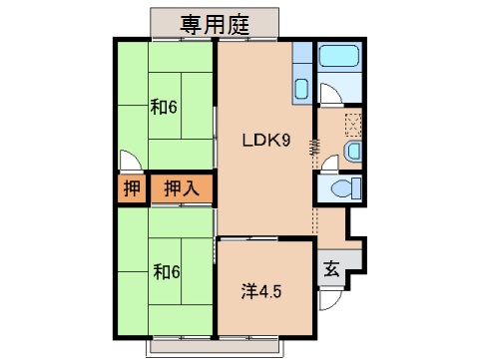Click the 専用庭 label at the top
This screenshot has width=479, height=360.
click(215, 23)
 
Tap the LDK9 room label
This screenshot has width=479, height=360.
click(266, 141)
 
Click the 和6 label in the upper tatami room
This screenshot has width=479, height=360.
click(164, 107)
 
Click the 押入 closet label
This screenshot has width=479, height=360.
click(181, 187)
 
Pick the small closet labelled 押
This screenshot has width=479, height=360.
click(132, 187)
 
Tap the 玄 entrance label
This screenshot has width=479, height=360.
click(330, 269)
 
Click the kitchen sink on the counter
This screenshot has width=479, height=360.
click(302, 87)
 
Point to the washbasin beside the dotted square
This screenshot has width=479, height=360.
click(352, 151)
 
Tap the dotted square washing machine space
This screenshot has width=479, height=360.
click(353, 124)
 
